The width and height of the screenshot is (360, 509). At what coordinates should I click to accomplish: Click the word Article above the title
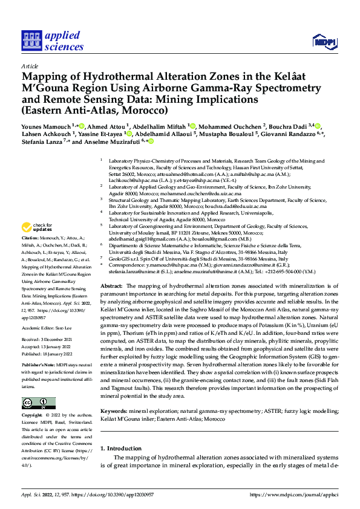(29, 66)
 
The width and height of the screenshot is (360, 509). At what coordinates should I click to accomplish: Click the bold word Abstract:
(111, 285)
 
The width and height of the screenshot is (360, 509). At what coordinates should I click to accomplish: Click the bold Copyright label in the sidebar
(32, 416)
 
